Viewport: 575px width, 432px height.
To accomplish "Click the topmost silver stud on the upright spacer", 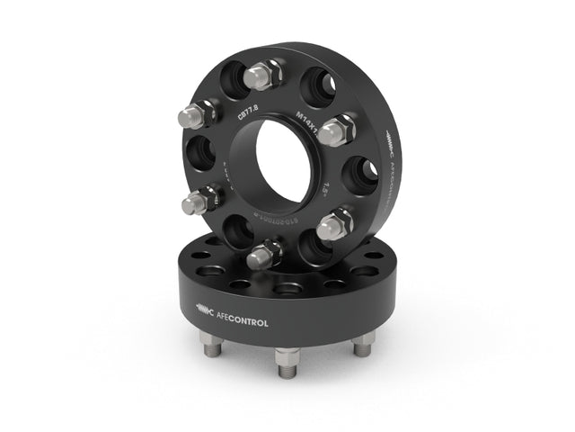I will click(267, 74).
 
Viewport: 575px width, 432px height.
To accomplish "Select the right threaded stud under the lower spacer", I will click(362, 343).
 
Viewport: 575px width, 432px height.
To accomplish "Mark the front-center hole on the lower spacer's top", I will click(287, 290).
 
